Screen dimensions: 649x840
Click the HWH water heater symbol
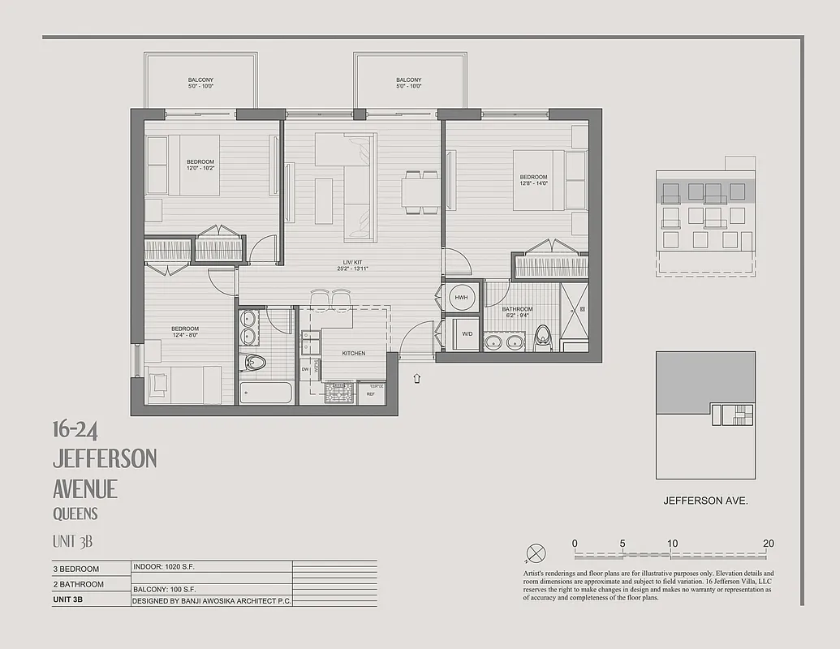[461, 298]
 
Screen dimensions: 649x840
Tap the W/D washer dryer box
[466, 334]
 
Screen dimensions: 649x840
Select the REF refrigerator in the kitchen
[371, 393]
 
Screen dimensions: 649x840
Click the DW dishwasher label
[305, 369]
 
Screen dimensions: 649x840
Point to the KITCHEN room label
[353, 354]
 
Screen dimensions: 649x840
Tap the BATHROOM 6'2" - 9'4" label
[517, 312]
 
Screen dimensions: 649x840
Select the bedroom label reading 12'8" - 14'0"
[533, 180]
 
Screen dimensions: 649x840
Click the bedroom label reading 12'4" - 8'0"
[184, 332]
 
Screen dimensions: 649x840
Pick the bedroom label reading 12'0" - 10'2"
[200, 165]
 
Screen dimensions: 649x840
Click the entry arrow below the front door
[417, 378]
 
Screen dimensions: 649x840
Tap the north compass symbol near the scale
[536, 554]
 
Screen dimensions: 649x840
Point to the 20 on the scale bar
[768, 544]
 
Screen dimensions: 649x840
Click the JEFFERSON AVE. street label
[705, 501]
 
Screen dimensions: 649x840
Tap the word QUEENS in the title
[75, 514]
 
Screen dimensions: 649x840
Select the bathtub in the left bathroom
[265, 393]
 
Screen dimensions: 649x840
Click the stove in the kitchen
[339, 393]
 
